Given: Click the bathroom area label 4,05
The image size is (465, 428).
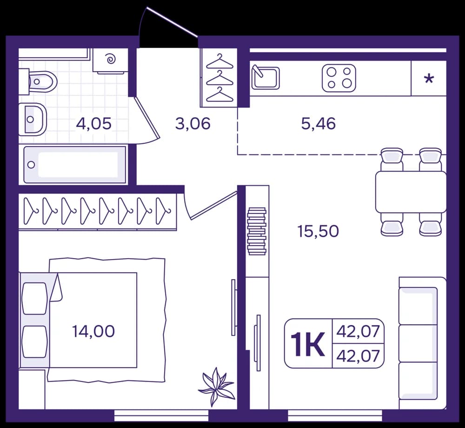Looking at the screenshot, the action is tap(94, 123).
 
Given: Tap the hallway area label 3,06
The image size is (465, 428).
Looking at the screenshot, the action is tap(193, 123).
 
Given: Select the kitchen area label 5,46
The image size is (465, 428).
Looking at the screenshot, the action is tap(319, 123).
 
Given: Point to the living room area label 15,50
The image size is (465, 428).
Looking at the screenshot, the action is tap(318, 231).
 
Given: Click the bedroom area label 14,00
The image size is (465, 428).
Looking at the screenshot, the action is tap(93, 331).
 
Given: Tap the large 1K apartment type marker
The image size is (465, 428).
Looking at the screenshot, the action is tap(307, 344).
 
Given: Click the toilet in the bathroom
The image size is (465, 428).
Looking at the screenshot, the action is tap(38, 80).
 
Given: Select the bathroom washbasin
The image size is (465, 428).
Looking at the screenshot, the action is tap(33, 119).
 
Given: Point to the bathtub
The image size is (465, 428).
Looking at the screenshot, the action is tap(74, 165).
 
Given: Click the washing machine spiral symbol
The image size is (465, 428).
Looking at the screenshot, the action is tap(111, 59).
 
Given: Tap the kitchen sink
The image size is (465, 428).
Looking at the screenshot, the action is tap(266, 77).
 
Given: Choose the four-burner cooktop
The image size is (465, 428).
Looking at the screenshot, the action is tap(339, 78).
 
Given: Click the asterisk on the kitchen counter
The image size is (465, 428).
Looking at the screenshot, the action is tap(429, 79).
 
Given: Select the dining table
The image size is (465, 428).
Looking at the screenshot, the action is tap(411, 192).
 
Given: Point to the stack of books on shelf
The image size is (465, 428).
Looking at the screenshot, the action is tap(257, 231).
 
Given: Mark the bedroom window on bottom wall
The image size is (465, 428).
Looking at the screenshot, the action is tap(161, 415).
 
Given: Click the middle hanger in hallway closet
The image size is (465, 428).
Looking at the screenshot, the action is tap(219, 79).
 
